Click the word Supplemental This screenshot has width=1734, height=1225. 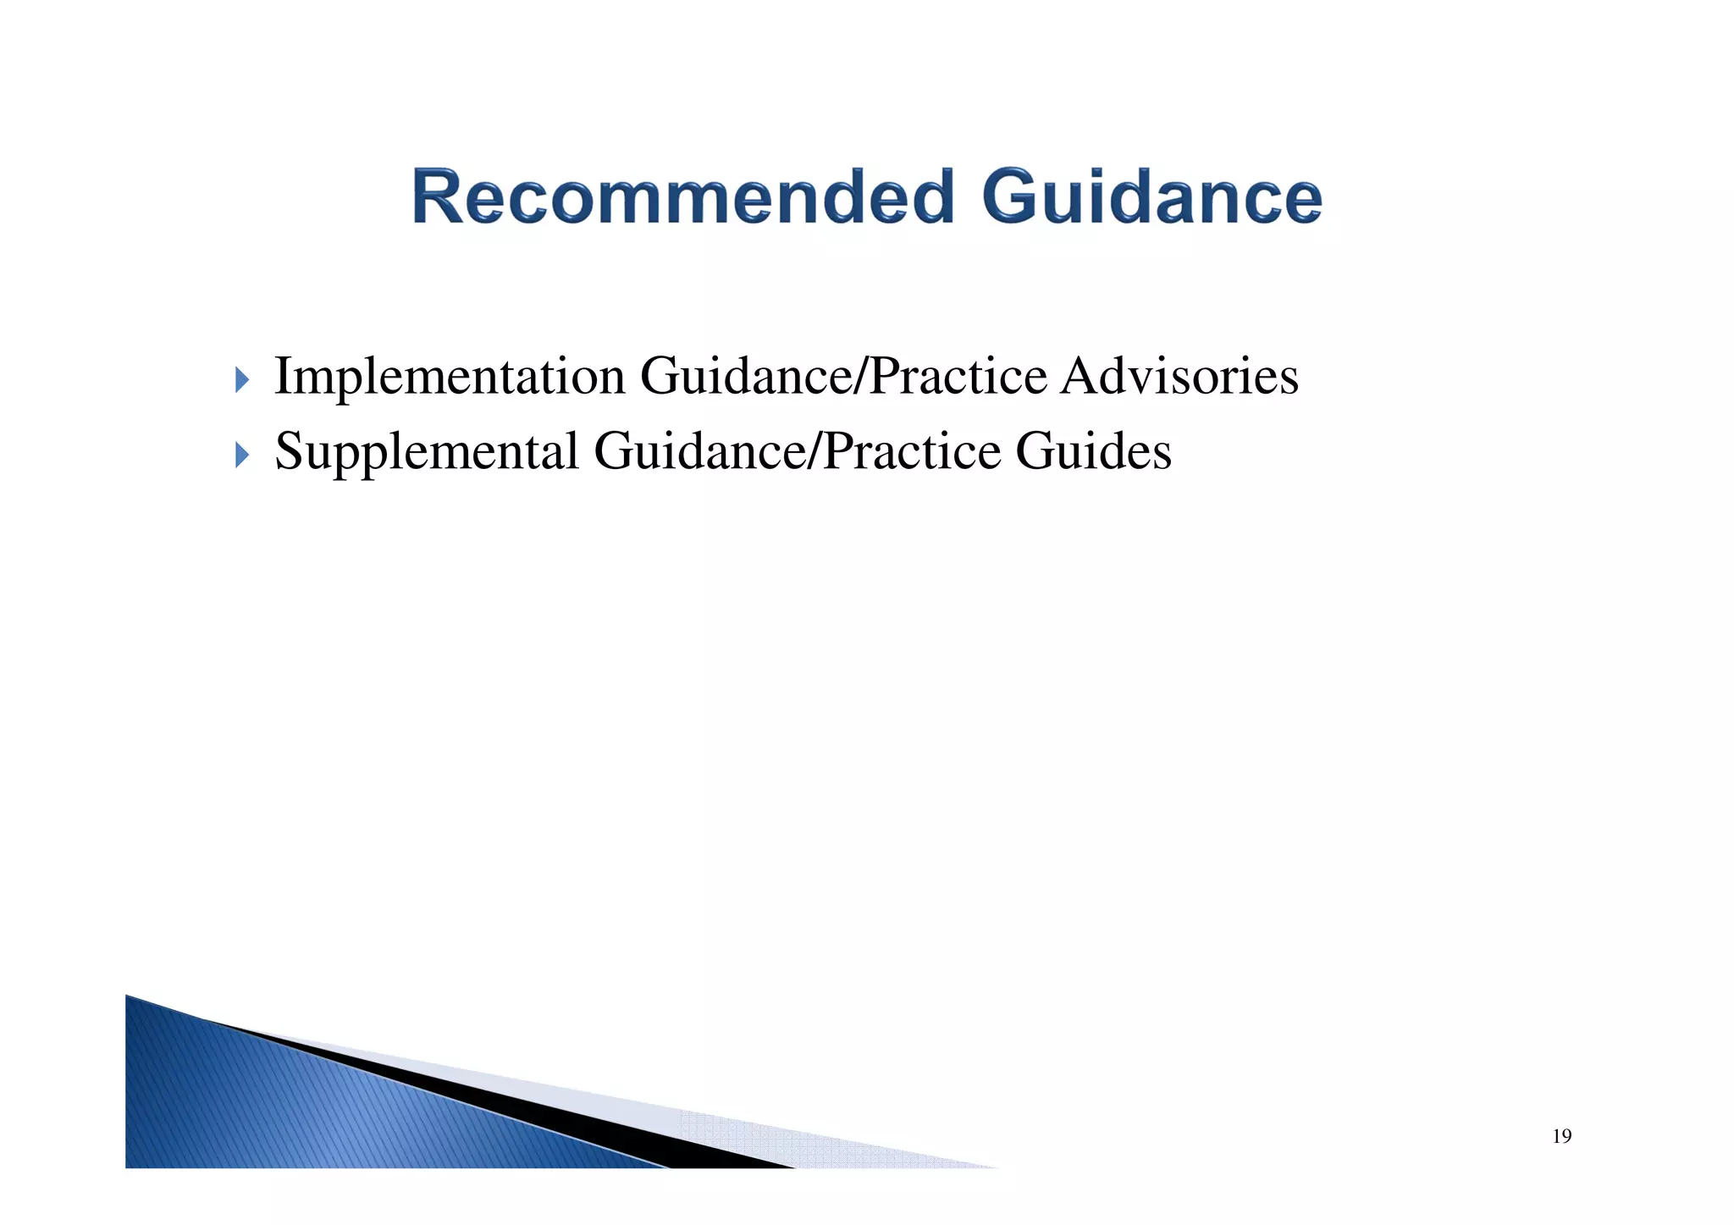pyautogui.click(x=427, y=451)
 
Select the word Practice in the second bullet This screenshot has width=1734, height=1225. pyautogui.click(x=912, y=451)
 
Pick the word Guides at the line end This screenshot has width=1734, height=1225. pyautogui.click(x=1093, y=451)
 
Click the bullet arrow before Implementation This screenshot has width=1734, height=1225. pyautogui.click(x=242, y=380)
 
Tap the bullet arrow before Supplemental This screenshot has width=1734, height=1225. pyautogui.click(x=242, y=455)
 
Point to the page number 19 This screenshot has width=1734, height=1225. pyautogui.click(x=1561, y=1136)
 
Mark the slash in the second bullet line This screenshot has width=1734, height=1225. pyautogui.click(x=815, y=451)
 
